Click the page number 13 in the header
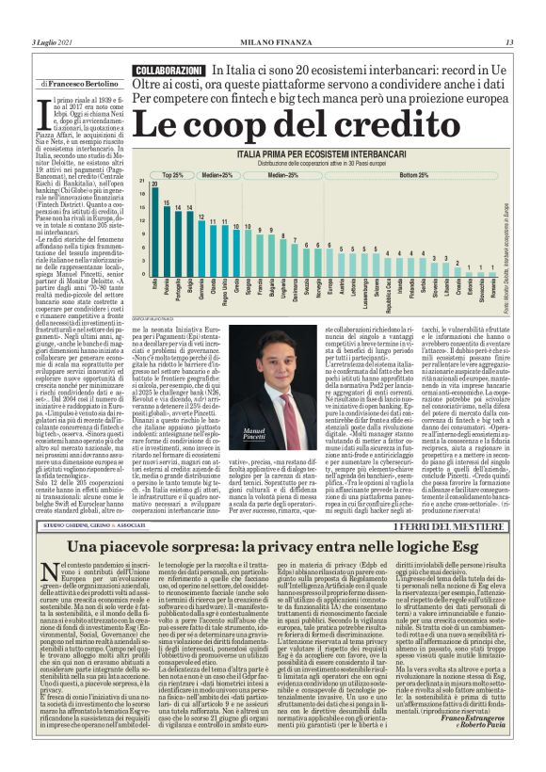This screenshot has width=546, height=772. (x=509, y=41)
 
